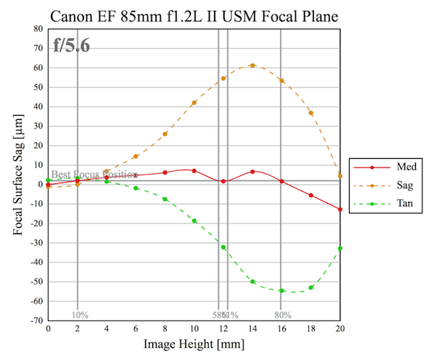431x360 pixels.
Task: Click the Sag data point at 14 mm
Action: pyautogui.click(x=252, y=65)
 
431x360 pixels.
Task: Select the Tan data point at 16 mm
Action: pyautogui.click(x=282, y=290)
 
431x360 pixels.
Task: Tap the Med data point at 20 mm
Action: pyautogui.click(x=340, y=209)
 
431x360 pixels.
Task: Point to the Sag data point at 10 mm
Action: pyautogui.click(x=194, y=103)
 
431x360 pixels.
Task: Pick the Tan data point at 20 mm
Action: pyautogui.click(x=340, y=249)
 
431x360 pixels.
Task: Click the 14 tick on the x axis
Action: pyautogui.click(x=252, y=328)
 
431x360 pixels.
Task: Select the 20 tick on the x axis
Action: pyautogui.click(x=340, y=328)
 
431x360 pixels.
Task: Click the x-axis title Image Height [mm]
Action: pyautogui.click(x=193, y=344)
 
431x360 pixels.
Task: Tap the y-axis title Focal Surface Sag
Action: pyautogui.click(x=17, y=175)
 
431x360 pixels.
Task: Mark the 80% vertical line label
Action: pyautogui.click(x=282, y=315)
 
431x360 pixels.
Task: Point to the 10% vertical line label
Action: pyautogui.click(x=80, y=315)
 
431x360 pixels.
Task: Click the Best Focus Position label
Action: pyautogui.click(x=94, y=174)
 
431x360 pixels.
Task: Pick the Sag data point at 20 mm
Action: pyautogui.click(x=340, y=176)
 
